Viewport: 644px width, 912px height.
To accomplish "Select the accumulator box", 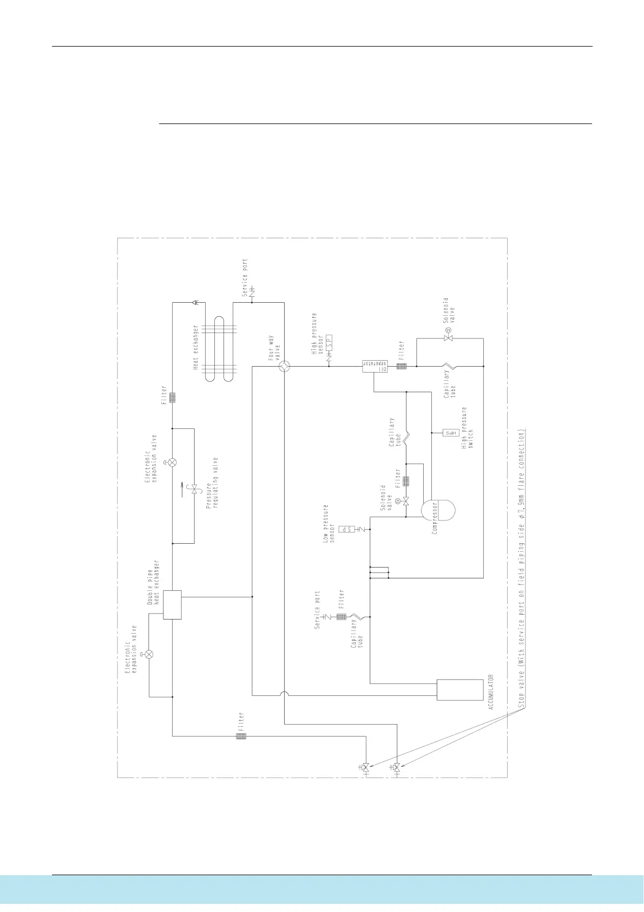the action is [x=459, y=689].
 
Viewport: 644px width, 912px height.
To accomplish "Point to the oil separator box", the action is [x=373, y=366].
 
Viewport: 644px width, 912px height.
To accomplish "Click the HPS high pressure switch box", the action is [x=451, y=433].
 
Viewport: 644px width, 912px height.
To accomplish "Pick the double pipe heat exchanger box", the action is [x=172, y=604].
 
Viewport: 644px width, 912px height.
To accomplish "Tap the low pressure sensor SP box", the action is [x=346, y=529].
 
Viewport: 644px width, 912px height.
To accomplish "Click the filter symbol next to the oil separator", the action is [x=402, y=366].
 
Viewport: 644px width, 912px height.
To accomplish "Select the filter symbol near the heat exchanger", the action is [x=172, y=398].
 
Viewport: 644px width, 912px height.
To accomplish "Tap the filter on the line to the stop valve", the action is [x=241, y=737].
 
